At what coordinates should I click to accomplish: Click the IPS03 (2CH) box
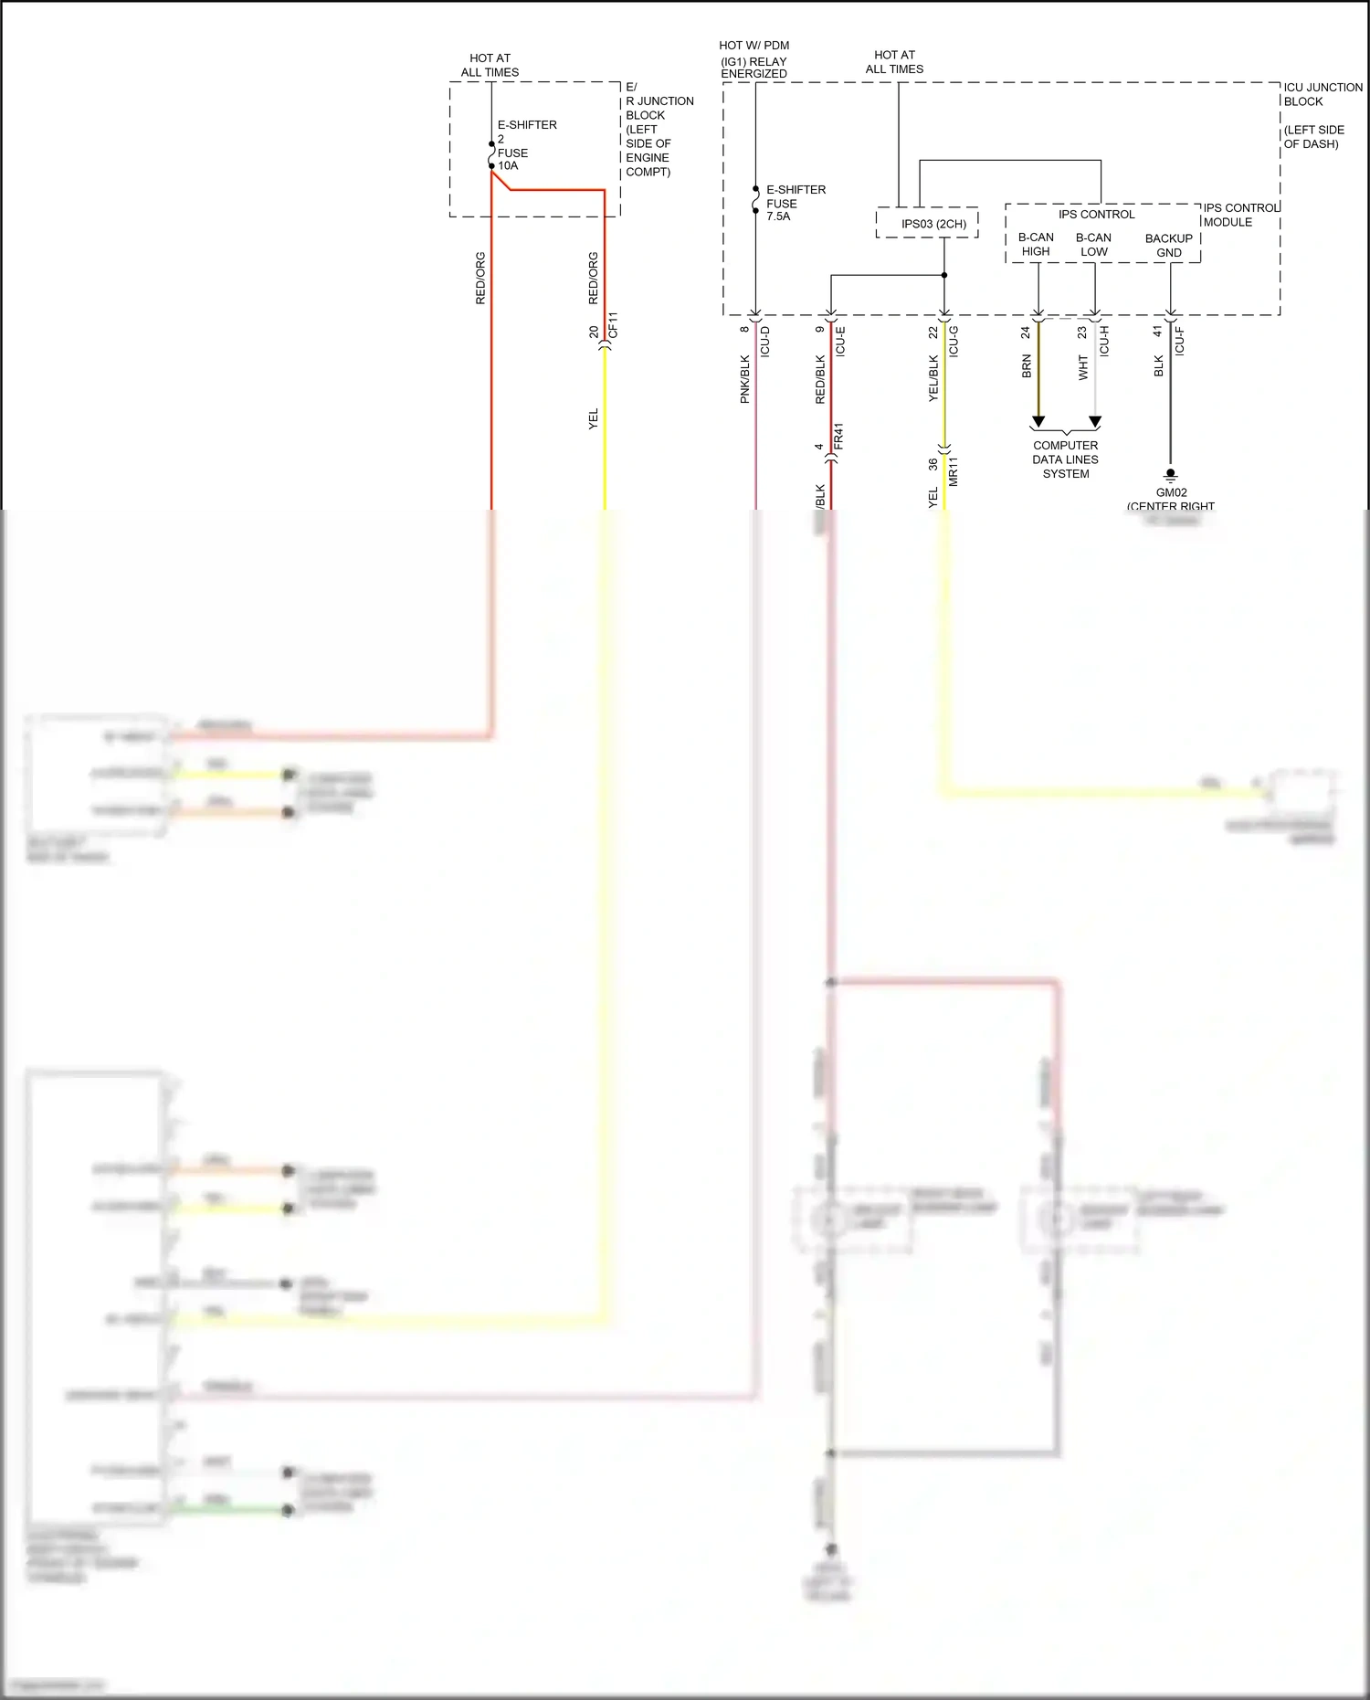click(x=927, y=224)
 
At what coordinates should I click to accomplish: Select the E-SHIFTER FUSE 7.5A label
click(x=795, y=203)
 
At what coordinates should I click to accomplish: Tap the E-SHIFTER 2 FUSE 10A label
click(x=525, y=145)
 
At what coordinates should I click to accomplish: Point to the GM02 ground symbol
click(x=1170, y=475)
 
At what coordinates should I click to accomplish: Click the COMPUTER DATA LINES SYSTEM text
click(x=1066, y=459)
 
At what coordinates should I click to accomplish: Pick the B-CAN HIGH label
click(x=1036, y=244)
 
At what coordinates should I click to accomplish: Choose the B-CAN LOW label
click(x=1093, y=244)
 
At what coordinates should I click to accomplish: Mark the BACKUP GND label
click(x=1168, y=245)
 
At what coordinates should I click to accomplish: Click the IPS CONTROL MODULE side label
click(x=1239, y=215)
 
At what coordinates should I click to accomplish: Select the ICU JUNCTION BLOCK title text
click(x=1322, y=94)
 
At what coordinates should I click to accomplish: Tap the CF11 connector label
click(x=613, y=325)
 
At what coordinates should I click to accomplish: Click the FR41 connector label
click(x=838, y=436)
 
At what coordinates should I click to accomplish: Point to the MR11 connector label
click(x=953, y=471)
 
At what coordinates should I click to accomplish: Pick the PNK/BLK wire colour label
click(x=744, y=379)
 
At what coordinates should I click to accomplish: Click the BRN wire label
click(x=1027, y=366)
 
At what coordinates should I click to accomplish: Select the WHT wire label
click(x=1083, y=367)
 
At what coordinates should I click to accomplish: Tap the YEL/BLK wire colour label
click(x=933, y=378)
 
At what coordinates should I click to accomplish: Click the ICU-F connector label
click(x=1179, y=341)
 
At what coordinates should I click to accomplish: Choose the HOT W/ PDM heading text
click(x=753, y=45)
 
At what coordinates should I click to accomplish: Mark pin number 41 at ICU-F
click(x=1158, y=332)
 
